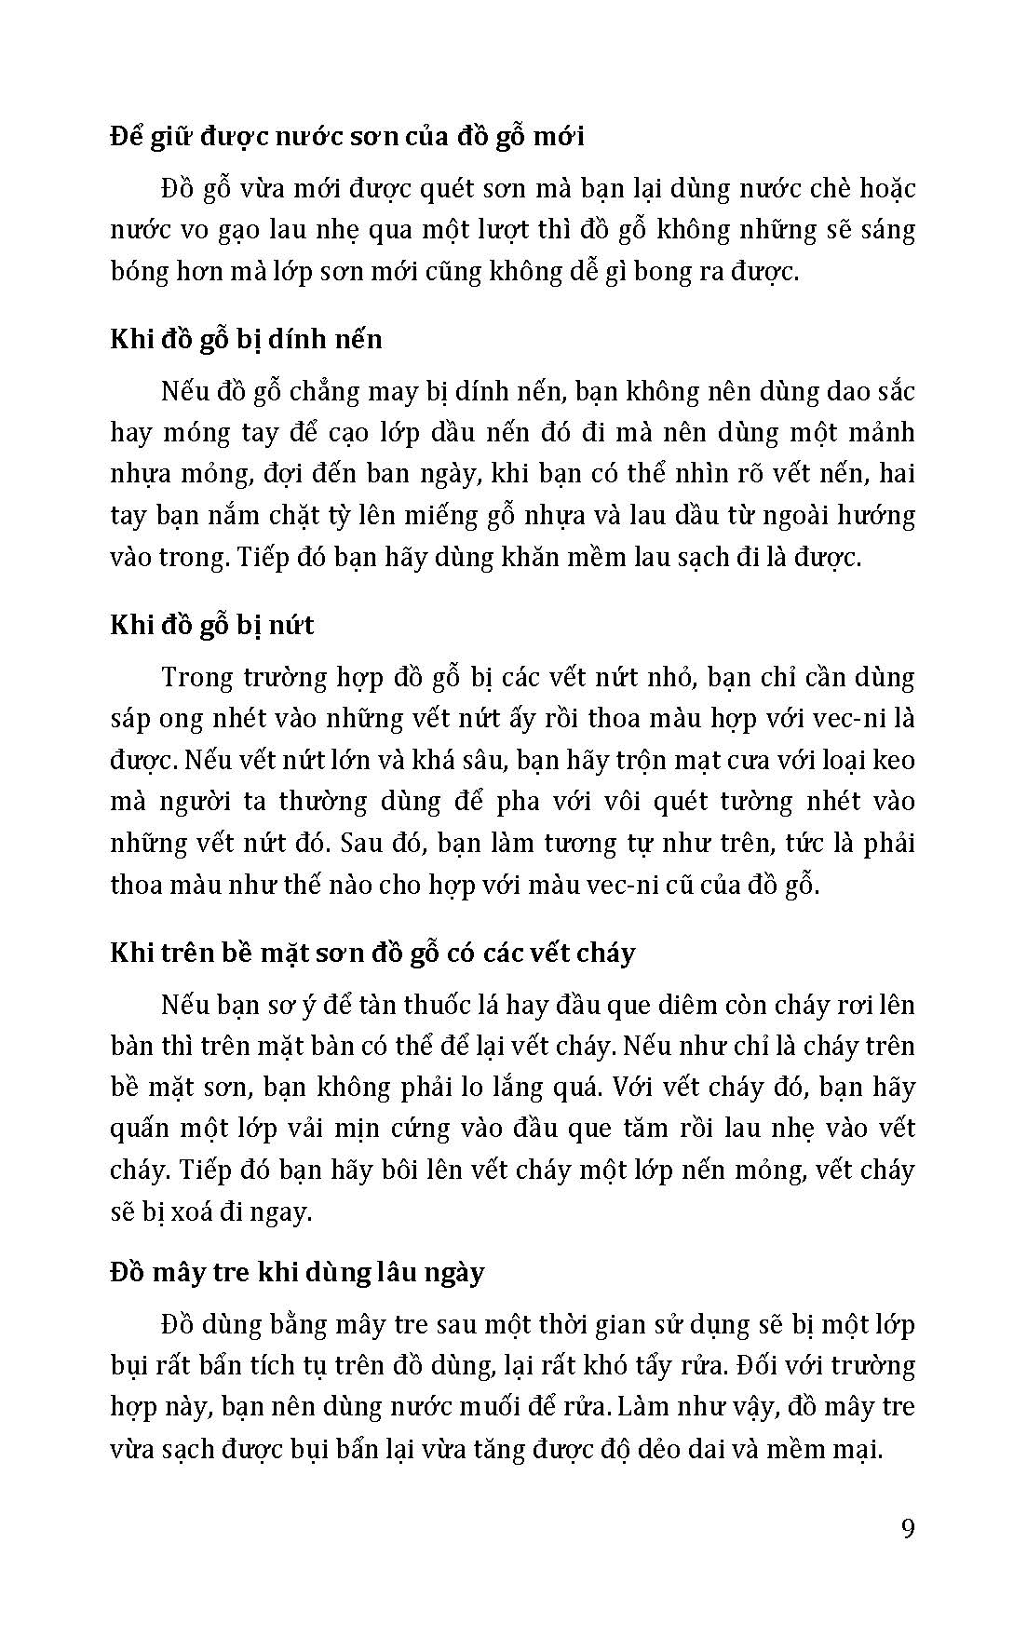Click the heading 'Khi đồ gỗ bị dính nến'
246,339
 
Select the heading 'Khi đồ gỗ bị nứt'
212,625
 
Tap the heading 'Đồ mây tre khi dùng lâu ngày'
297,1272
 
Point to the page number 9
909,1530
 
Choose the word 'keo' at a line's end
892,760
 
